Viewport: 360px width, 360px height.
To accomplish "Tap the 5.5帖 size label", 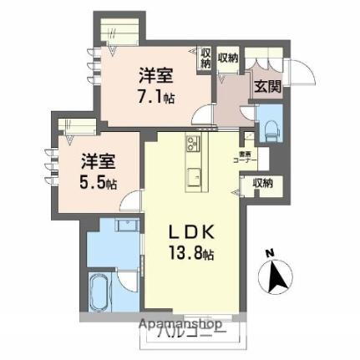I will point(99,180).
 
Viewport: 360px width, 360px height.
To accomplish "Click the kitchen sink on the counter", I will point(195,176).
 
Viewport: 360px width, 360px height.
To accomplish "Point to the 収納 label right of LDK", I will point(262,182).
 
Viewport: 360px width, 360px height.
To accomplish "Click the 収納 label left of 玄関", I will point(228,58).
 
